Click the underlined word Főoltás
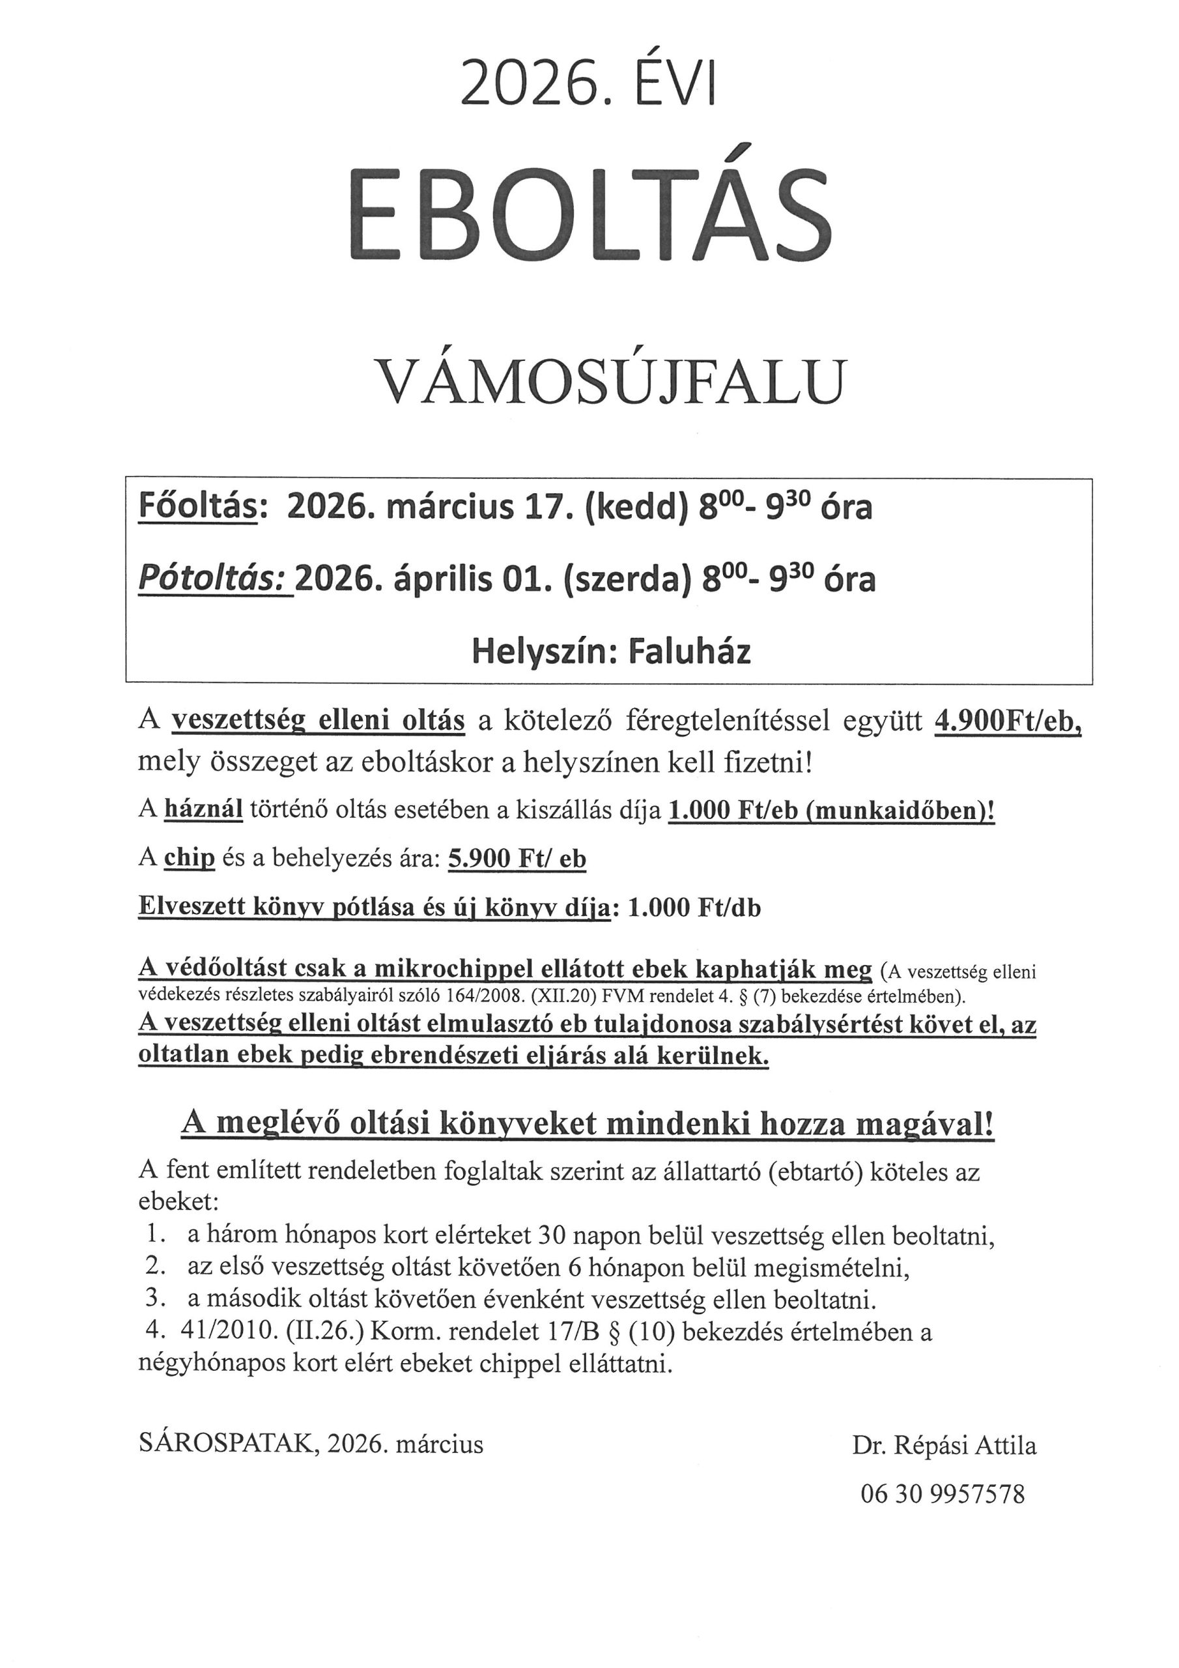coord(197,508)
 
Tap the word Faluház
coord(689,651)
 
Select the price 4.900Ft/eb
coord(1008,723)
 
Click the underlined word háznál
coord(203,809)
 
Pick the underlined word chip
coord(190,858)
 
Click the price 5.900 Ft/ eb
coord(517,859)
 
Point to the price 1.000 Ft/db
coord(693,908)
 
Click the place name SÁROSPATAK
coord(227,1443)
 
